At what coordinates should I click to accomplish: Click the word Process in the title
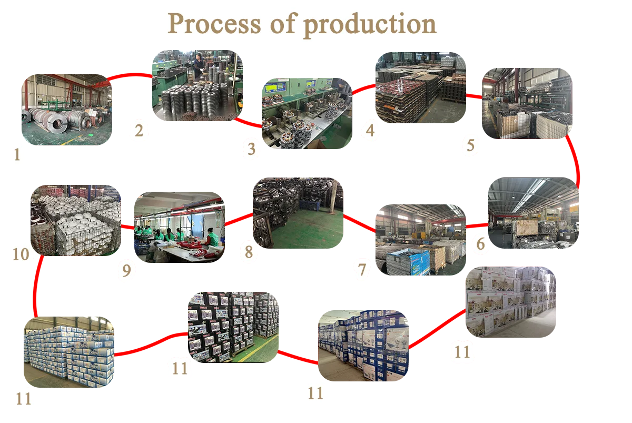[213, 24]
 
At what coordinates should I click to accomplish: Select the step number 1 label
[17, 155]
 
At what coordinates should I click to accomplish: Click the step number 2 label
[139, 131]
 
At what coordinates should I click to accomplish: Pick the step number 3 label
[252, 150]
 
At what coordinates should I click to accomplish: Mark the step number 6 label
[480, 244]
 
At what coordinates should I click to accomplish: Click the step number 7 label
[362, 270]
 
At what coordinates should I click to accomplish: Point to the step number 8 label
[249, 252]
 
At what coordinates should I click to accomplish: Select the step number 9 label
[126, 271]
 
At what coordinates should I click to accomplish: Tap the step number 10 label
[21, 254]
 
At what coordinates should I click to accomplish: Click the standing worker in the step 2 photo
[199, 66]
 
